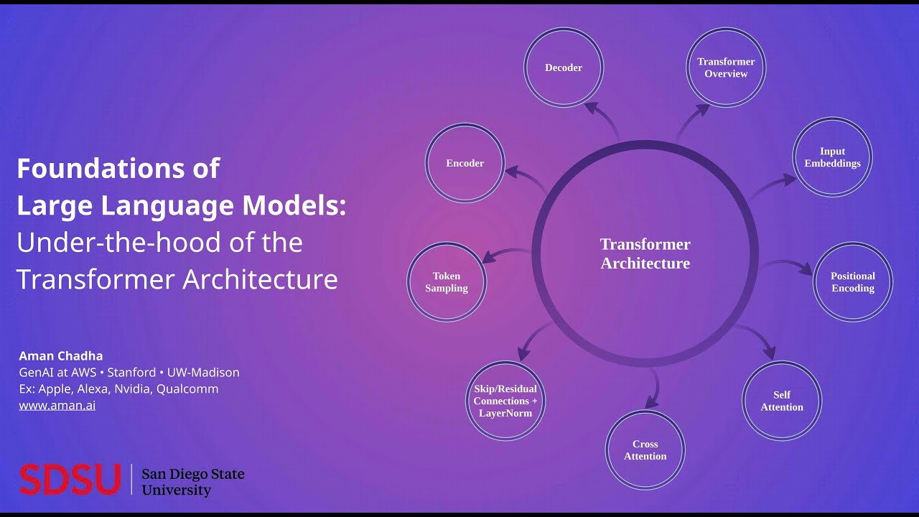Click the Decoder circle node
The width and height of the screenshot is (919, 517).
(564, 67)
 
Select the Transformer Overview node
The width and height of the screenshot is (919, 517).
(726, 67)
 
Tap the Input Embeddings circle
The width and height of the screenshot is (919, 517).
(832, 157)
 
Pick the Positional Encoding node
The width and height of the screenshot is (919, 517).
(853, 281)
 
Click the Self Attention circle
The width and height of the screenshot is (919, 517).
(782, 401)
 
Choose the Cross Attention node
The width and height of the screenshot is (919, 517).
(645, 450)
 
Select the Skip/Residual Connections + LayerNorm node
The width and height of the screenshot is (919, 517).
(505, 401)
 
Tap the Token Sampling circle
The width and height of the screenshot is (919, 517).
(447, 281)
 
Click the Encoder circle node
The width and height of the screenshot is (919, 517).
(465, 163)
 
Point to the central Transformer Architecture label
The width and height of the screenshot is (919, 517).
(645, 253)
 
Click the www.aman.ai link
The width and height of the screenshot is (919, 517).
(57, 405)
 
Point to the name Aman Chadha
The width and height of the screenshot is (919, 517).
(61, 356)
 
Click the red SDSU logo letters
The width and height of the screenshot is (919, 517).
(70, 480)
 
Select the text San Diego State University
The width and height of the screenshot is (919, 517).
(193, 482)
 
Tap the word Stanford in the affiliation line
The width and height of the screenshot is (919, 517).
(131, 373)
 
